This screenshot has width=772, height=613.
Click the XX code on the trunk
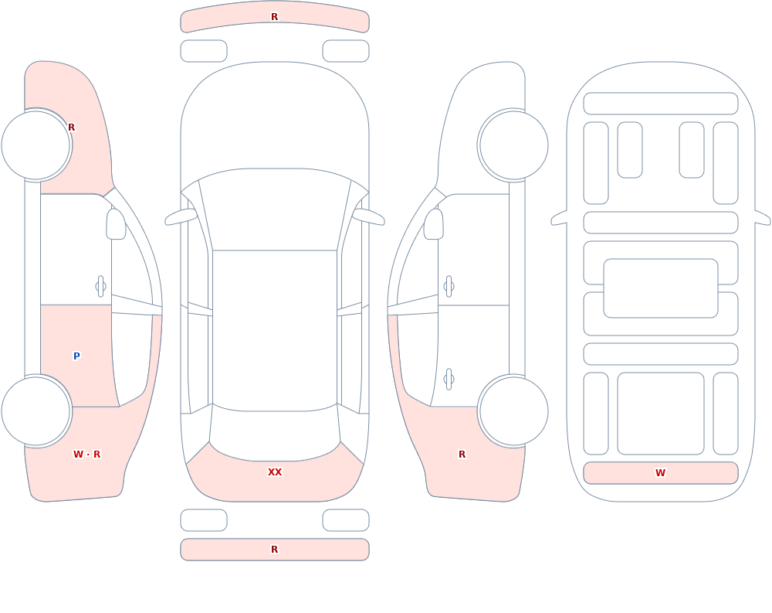(x=275, y=472)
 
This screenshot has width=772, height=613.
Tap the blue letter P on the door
(x=76, y=356)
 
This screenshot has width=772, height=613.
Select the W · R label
(x=86, y=455)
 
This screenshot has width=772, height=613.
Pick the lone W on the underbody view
(x=660, y=472)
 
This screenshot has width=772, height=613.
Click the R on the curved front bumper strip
(x=275, y=17)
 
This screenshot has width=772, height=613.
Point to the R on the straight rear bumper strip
(x=275, y=550)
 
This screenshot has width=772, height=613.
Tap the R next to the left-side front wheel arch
(x=71, y=128)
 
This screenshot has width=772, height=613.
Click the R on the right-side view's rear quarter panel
(x=462, y=455)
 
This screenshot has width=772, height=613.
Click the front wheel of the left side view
(x=36, y=145)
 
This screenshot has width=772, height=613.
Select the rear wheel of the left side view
(x=36, y=410)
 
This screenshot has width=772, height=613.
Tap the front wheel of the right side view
(x=514, y=145)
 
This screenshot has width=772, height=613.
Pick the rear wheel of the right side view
(x=514, y=410)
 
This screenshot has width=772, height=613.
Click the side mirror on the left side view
(x=116, y=224)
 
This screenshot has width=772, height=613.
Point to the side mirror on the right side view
(x=434, y=224)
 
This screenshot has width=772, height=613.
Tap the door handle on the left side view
(x=100, y=287)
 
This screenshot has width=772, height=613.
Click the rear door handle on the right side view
(x=449, y=380)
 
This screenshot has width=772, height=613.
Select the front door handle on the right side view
(x=449, y=287)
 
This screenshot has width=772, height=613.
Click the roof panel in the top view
(x=275, y=330)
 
